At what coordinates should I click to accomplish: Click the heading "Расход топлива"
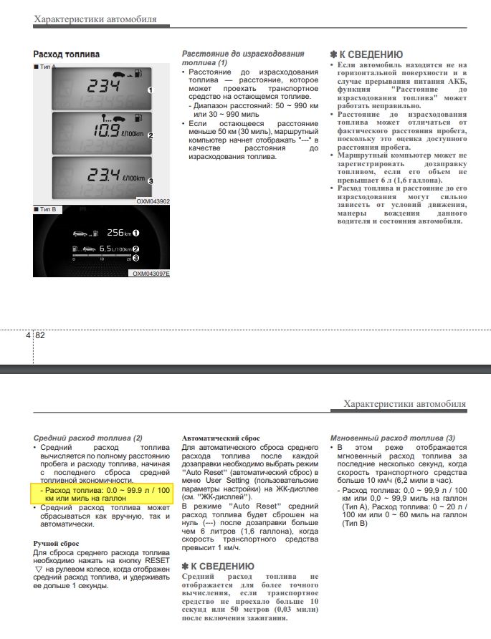tap(67, 54)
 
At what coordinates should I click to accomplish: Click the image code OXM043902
tap(153, 202)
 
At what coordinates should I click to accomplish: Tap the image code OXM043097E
tap(151, 274)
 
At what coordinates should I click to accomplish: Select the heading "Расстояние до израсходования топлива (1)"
tap(243, 58)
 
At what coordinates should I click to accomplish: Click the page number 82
tap(40, 335)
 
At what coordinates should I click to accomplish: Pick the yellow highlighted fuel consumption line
tap(103, 494)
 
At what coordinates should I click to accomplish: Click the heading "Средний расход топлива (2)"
tap(88, 438)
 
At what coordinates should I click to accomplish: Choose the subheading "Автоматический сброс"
tap(221, 438)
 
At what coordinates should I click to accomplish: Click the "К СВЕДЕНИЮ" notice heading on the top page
tap(366, 54)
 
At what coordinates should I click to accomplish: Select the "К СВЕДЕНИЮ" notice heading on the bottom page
tap(219, 567)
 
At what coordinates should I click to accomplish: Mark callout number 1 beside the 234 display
tap(151, 90)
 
